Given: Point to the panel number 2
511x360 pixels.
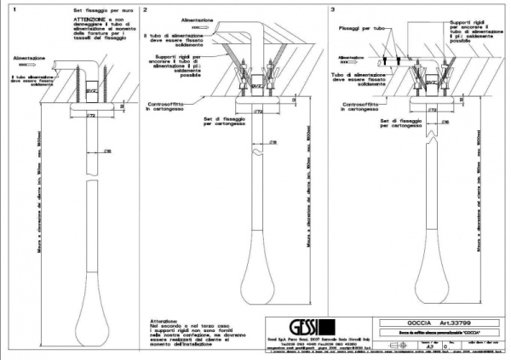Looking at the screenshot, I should pyautogui.click(x=146, y=9).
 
